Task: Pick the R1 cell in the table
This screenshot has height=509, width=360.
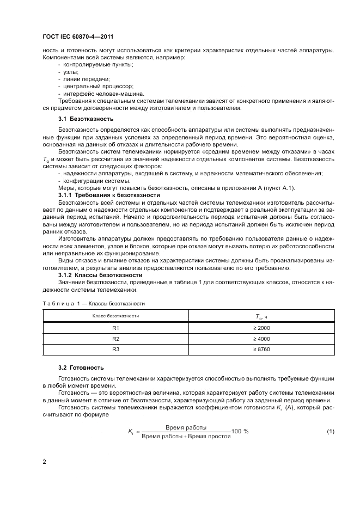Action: [x=115, y=328]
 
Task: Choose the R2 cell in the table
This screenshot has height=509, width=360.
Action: [x=115, y=339]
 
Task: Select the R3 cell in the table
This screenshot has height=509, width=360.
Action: [x=115, y=349]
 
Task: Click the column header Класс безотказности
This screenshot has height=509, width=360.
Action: [x=115, y=316]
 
